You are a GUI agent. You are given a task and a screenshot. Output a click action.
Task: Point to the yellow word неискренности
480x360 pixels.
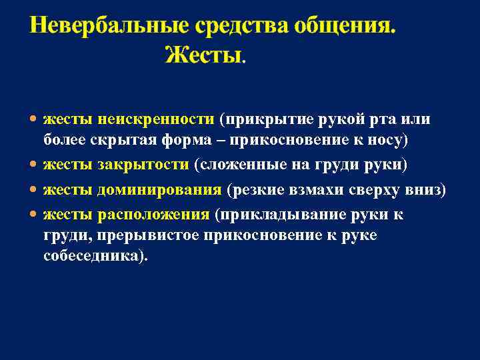pyautogui.click(x=155, y=119)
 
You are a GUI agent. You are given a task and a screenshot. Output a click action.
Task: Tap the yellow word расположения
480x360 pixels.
pyautogui.click(x=153, y=214)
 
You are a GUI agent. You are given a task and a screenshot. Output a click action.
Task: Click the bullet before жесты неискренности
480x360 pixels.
pyautogui.click(x=34, y=120)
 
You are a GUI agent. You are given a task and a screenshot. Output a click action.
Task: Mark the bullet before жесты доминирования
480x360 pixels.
pyautogui.click(x=34, y=191)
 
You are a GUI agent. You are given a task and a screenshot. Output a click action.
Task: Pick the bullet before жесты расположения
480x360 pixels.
pyautogui.click(x=34, y=215)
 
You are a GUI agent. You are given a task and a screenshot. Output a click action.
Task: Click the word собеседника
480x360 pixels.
pyautogui.click(x=93, y=257)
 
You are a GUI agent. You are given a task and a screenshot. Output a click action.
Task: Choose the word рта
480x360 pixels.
pyautogui.click(x=379, y=119)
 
